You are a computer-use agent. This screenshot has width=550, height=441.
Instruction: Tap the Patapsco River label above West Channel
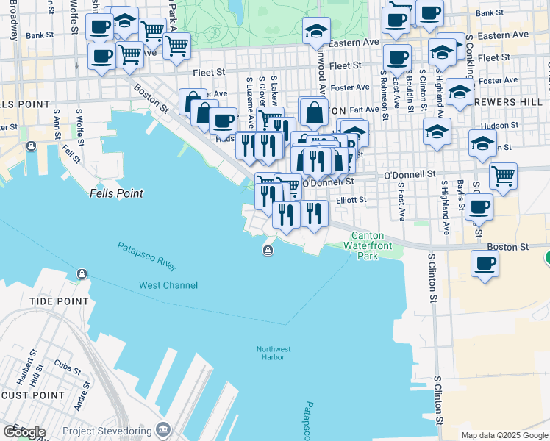[146, 257]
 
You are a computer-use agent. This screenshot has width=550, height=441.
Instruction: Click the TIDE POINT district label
[59, 301]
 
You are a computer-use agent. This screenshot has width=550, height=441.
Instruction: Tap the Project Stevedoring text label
[107, 430]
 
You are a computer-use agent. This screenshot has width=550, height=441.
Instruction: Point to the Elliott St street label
[351, 199]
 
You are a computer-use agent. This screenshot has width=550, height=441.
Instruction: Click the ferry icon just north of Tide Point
[81, 274]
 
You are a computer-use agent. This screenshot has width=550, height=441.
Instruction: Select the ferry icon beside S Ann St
[31, 146]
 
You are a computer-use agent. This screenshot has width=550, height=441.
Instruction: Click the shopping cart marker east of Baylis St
[503, 176]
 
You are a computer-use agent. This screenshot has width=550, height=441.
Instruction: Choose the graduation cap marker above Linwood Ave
[317, 31]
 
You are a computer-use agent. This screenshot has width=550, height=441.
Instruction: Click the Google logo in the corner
[24, 431]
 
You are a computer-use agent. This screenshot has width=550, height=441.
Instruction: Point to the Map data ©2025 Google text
[504, 435]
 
